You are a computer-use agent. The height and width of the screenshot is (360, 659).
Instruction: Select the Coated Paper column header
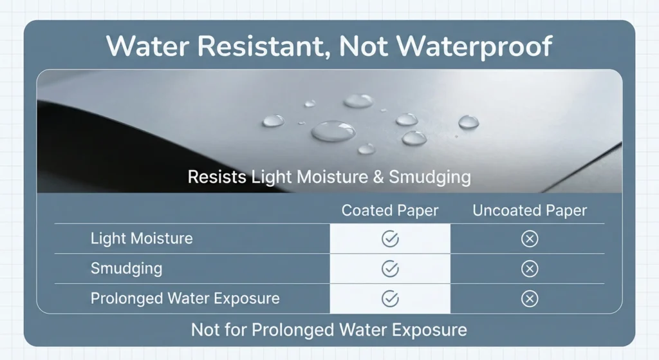pos(390,211)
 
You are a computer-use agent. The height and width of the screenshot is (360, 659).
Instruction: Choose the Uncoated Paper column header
pos(530,211)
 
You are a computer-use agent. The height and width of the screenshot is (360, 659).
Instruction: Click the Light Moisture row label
pos(142,238)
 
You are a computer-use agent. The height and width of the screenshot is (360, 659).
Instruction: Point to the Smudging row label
pos(126,268)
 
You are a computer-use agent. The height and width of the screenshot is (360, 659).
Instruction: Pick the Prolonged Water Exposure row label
pos(185,298)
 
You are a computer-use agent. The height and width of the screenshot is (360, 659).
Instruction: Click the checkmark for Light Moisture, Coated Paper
pos(390,239)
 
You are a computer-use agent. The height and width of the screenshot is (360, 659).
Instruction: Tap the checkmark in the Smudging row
pos(390,269)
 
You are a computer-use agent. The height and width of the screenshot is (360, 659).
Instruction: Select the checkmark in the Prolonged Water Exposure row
pos(390,299)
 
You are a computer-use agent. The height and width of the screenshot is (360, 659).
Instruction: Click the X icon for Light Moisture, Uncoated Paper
pos(529,239)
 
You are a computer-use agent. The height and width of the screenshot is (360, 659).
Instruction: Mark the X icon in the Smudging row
pos(529,269)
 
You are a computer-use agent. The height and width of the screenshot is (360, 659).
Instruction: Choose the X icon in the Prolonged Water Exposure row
pos(529,299)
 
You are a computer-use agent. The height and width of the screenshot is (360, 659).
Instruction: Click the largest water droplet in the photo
pos(333,131)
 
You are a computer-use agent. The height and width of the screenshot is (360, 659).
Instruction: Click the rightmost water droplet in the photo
pos(468,122)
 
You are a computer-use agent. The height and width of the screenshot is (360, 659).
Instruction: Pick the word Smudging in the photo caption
pos(429,177)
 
